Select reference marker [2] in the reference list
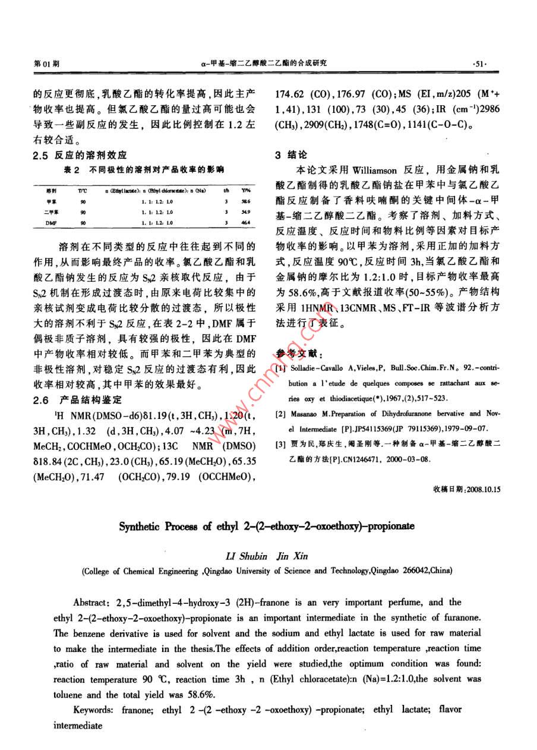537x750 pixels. point(280,414)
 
